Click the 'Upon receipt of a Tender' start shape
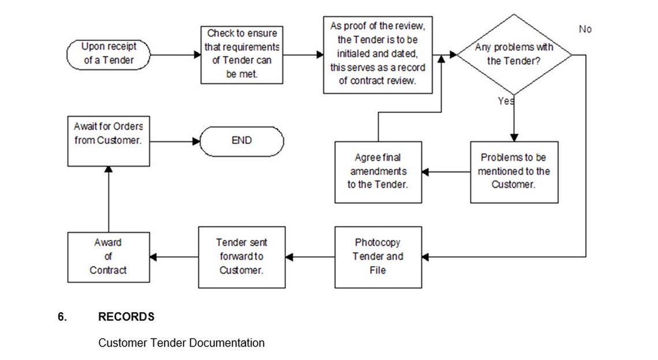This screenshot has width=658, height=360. click(x=109, y=55)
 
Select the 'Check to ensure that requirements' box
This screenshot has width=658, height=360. click(x=242, y=55)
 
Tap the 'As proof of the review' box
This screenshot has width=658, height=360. click(x=377, y=55)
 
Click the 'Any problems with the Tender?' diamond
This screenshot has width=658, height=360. click(x=514, y=55)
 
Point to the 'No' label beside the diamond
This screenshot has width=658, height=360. click(x=585, y=29)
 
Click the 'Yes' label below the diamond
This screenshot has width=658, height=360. click(x=506, y=101)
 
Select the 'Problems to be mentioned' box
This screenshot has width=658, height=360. click(x=514, y=172)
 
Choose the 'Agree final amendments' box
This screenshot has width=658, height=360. click(x=378, y=172)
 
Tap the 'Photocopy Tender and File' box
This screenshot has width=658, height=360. click(x=378, y=257)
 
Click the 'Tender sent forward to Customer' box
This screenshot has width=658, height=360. click(x=242, y=257)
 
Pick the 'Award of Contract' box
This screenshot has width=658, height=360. click(x=109, y=257)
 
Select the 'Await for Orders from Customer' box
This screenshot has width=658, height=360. click(x=109, y=141)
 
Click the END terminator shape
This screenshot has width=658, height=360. click(x=242, y=141)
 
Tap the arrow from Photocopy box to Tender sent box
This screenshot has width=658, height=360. click(x=310, y=257)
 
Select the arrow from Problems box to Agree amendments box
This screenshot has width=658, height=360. click(x=446, y=172)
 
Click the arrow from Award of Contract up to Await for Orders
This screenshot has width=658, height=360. click(x=109, y=199)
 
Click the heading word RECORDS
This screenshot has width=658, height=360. click(x=126, y=317)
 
